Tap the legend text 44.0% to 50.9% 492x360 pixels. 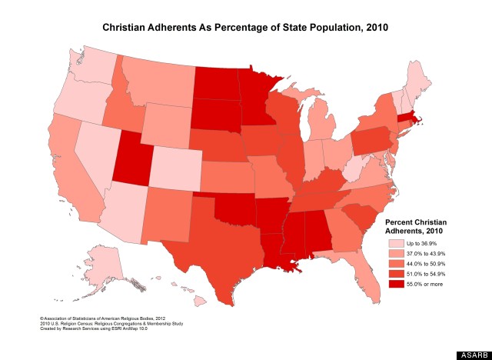(425, 264)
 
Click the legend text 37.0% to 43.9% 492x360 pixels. (425, 253)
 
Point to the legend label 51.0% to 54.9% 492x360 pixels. (425, 275)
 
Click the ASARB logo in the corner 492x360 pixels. (470, 355)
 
